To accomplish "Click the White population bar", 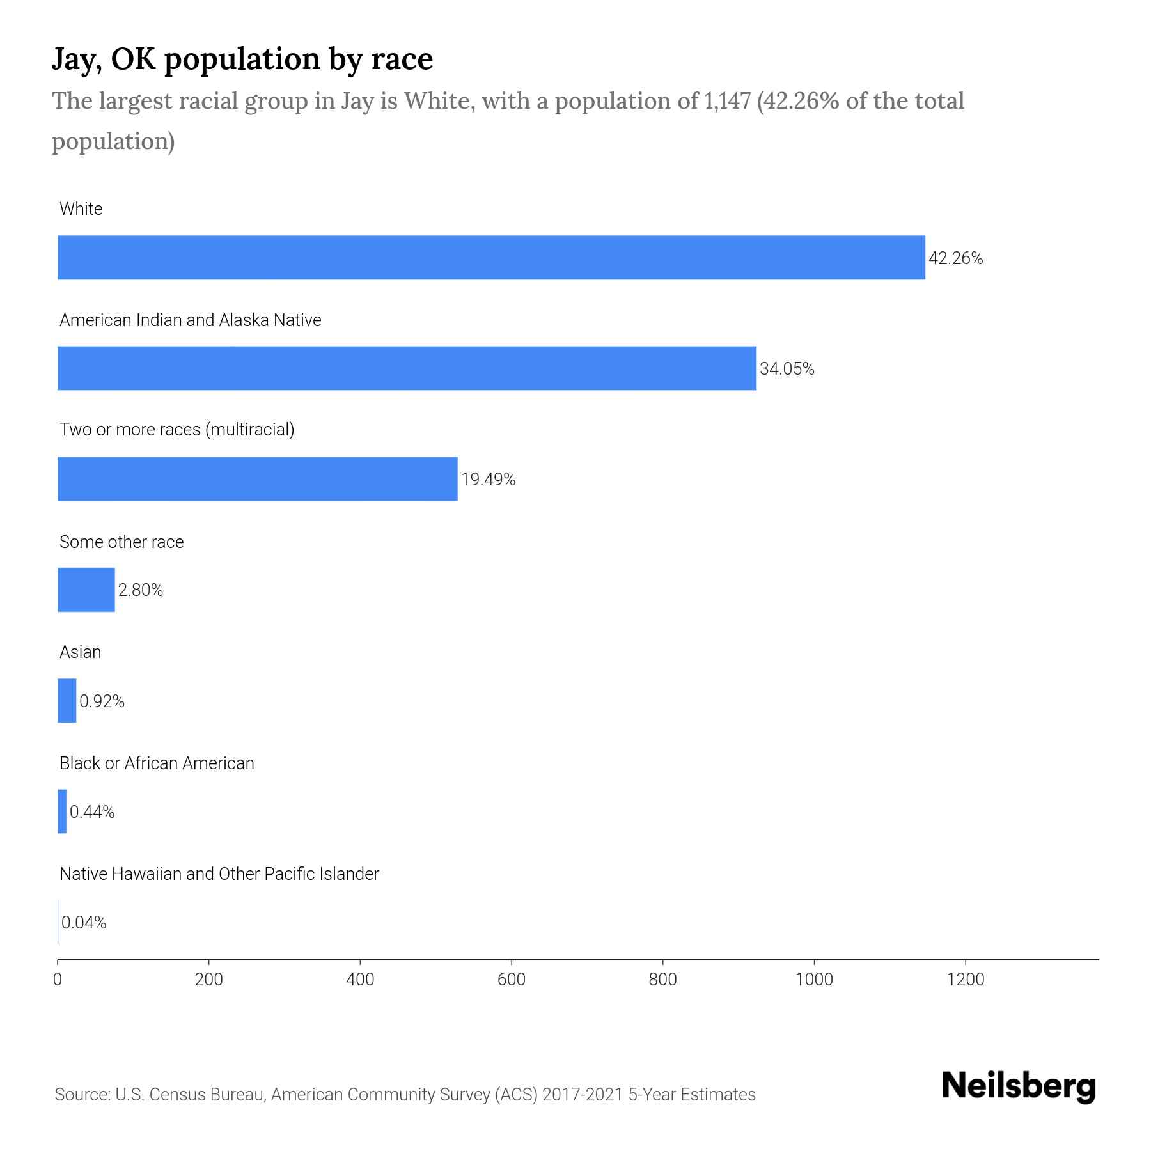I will coord(491,257).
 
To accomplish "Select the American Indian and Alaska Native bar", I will coord(407,368).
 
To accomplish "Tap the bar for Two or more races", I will coord(258,479).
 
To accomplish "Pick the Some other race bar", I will coord(86,590).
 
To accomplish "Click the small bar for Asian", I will coord(67,700).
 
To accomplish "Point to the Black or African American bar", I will coord(62,811).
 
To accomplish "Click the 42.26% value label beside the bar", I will coord(955,258).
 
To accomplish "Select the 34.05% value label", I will coord(787,369).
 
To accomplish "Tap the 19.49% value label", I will coord(488,480).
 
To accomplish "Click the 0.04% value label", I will coord(84,923).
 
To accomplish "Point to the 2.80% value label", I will coord(141,590).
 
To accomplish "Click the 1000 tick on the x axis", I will coord(814,980).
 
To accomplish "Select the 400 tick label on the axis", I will coord(360,980).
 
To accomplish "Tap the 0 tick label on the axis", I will coord(58,980).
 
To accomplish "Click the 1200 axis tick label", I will coord(965,980).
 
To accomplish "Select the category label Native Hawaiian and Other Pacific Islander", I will coord(219,874).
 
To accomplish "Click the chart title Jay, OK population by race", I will coord(242,59).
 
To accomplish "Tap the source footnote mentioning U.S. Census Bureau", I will coord(405,1095).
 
